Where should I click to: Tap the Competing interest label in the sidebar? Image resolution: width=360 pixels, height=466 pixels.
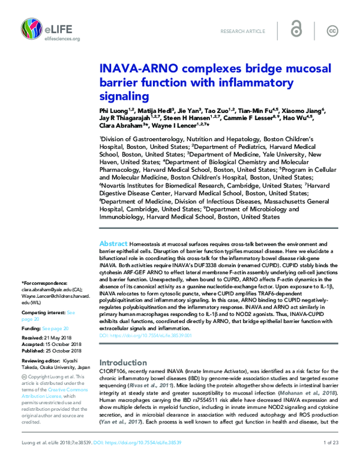coord(42,313)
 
